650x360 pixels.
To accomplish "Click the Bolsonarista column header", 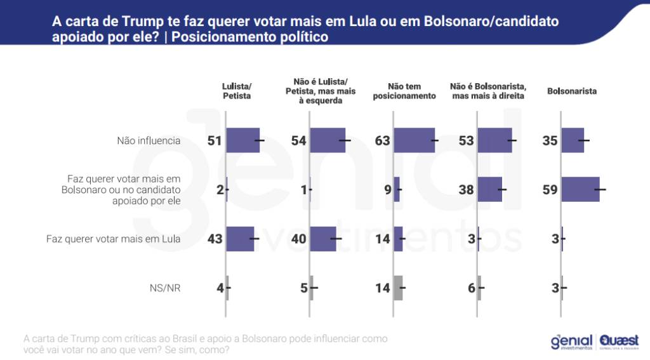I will pyautogui.click(x=571, y=91).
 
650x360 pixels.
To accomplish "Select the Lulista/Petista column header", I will pyautogui.click(x=237, y=91).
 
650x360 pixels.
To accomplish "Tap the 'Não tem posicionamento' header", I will pyautogui.click(x=404, y=91).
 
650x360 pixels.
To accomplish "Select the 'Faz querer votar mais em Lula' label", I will pyautogui.click(x=114, y=239).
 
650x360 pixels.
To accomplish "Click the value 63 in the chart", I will pyautogui.click(x=382, y=141).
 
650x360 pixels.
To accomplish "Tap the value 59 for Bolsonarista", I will pyautogui.click(x=550, y=190).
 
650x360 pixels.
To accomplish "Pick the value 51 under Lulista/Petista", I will pyautogui.click(x=215, y=141).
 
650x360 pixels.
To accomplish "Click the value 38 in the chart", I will pyautogui.click(x=466, y=190).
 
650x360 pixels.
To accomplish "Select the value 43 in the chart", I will pyautogui.click(x=215, y=239).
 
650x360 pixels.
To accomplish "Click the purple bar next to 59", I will pyautogui.click(x=580, y=190).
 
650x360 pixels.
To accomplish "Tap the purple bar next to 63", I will pyautogui.click(x=414, y=141).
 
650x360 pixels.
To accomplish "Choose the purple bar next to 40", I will pyautogui.click(x=323, y=239).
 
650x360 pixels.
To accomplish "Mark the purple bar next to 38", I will pyautogui.click(x=489, y=190).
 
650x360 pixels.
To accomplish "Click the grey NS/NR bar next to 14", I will pyautogui.click(x=398, y=288).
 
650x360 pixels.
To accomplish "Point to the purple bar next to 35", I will pyautogui.click(x=573, y=141).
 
